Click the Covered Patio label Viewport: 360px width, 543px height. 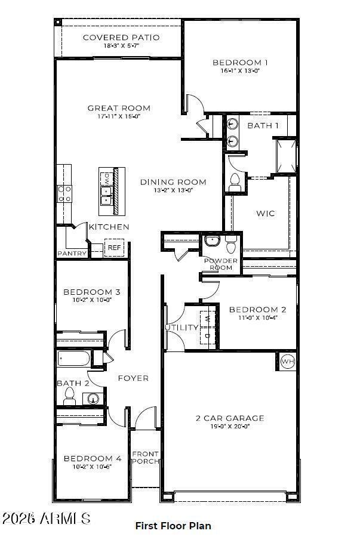coord(121,38)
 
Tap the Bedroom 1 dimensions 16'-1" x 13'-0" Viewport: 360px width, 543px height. coord(240,70)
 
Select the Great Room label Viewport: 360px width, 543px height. coord(119,108)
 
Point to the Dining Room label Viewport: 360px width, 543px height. coord(173,182)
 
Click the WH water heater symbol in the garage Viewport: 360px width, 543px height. coord(287,361)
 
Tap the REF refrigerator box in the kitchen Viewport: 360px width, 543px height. coord(113,248)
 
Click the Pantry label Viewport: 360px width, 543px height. coord(72,254)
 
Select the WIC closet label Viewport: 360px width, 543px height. coord(266,213)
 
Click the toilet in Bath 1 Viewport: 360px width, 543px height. coord(235,180)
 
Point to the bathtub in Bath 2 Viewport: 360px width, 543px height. coord(74,359)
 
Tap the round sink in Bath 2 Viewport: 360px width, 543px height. coord(93,399)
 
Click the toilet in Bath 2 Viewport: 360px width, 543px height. coord(69,395)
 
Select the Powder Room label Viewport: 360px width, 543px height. coord(221,264)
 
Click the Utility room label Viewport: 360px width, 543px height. coord(181,328)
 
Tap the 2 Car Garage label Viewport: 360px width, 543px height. coord(230,418)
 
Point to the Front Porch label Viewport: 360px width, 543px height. coord(145,457)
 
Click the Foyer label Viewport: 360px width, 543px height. coord(133,378)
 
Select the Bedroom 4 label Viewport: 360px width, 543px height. coord(93,458)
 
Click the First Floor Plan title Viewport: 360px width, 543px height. coord(173,526)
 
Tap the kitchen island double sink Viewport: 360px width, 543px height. coord(106,195)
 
